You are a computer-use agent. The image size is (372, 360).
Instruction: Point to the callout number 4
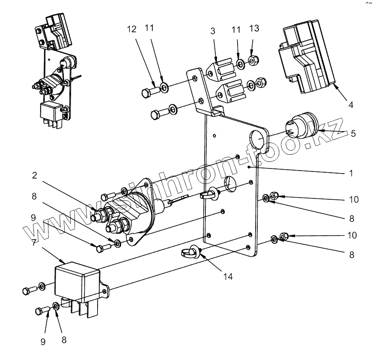click(351, 104)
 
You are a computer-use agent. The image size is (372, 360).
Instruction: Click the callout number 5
click(353, 133)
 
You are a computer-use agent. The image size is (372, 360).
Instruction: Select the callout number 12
click(132, 29)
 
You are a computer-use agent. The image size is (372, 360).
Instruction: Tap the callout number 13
click(253, 28)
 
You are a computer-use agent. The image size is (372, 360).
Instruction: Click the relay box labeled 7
click(79, 281)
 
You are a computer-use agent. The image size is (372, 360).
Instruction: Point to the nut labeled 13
click(253, 59)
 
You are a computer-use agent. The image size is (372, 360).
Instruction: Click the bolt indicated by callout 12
click(149, 91)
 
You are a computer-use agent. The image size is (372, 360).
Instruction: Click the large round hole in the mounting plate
click(258, 140)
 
